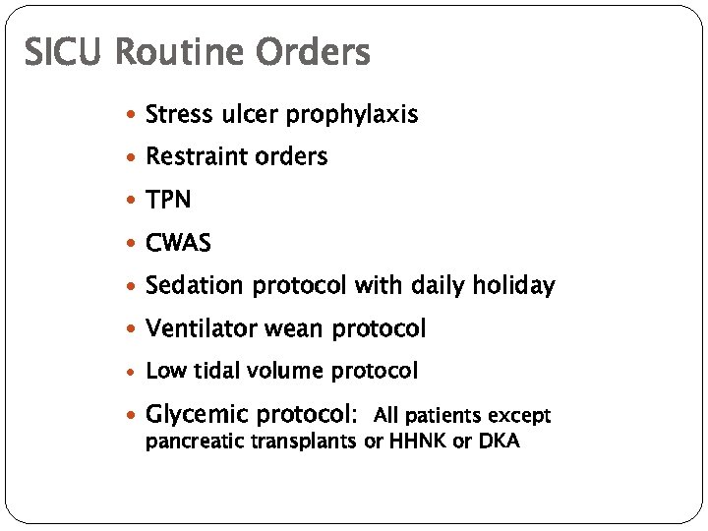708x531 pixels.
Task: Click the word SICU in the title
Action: coord(64,51)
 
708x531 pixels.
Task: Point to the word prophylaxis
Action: coord(352,116)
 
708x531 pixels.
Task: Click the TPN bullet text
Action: coord(168,201)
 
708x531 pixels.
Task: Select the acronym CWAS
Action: coord(177,243)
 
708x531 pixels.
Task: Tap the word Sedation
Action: coord(194,286)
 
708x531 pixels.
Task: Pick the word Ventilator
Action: coord(200,328)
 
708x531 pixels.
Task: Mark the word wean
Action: coord(299,328)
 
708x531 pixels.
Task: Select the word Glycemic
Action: coord(196,414)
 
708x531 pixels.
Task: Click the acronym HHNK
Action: coord(417,442)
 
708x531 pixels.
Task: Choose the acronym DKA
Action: coord(499,442)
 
